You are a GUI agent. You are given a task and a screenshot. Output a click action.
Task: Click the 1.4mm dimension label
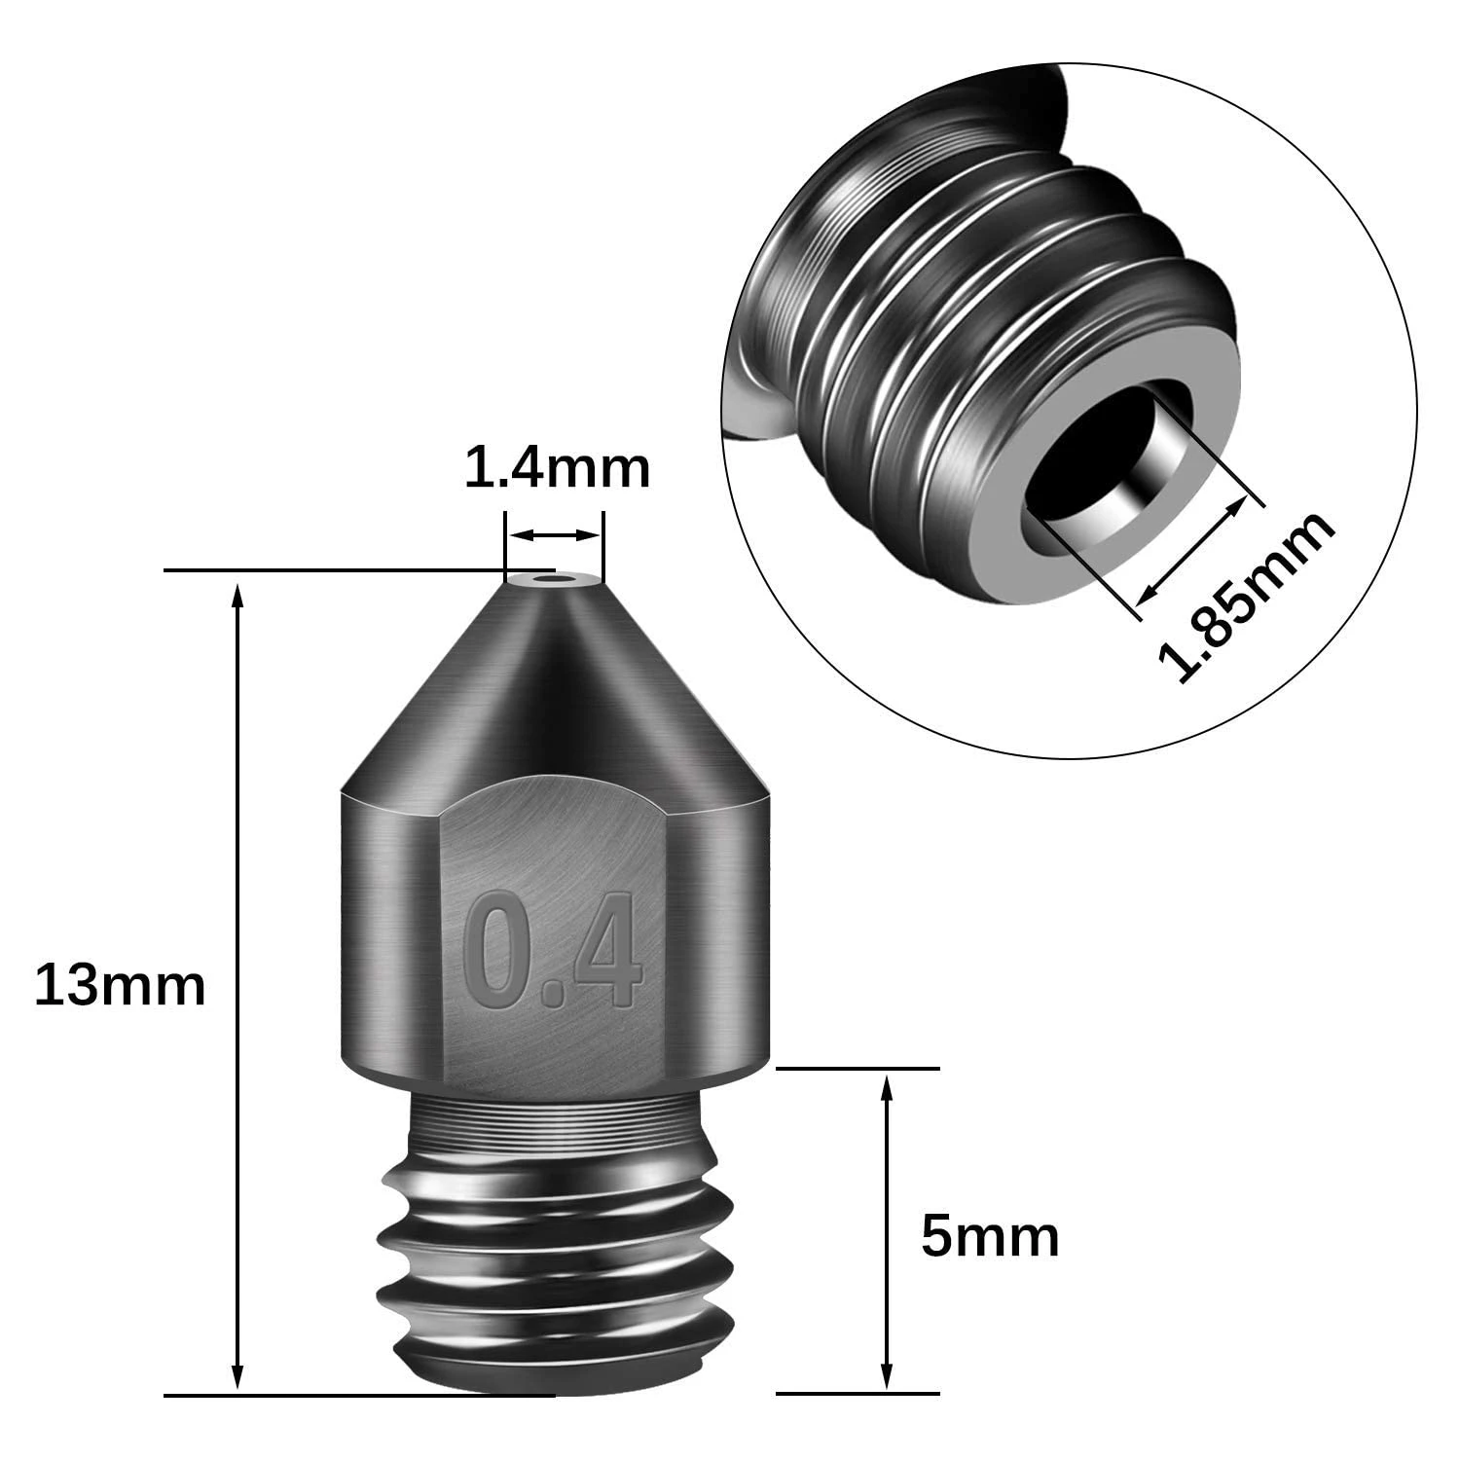tap(557, 468)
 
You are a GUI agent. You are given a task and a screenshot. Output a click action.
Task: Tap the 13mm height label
tap(120, 984)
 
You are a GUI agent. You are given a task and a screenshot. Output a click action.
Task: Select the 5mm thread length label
tap(990, 1236)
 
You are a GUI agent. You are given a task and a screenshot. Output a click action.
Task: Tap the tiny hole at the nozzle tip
tap(555, 583)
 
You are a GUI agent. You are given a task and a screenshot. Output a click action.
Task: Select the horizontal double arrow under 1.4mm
tap(555, 535)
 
